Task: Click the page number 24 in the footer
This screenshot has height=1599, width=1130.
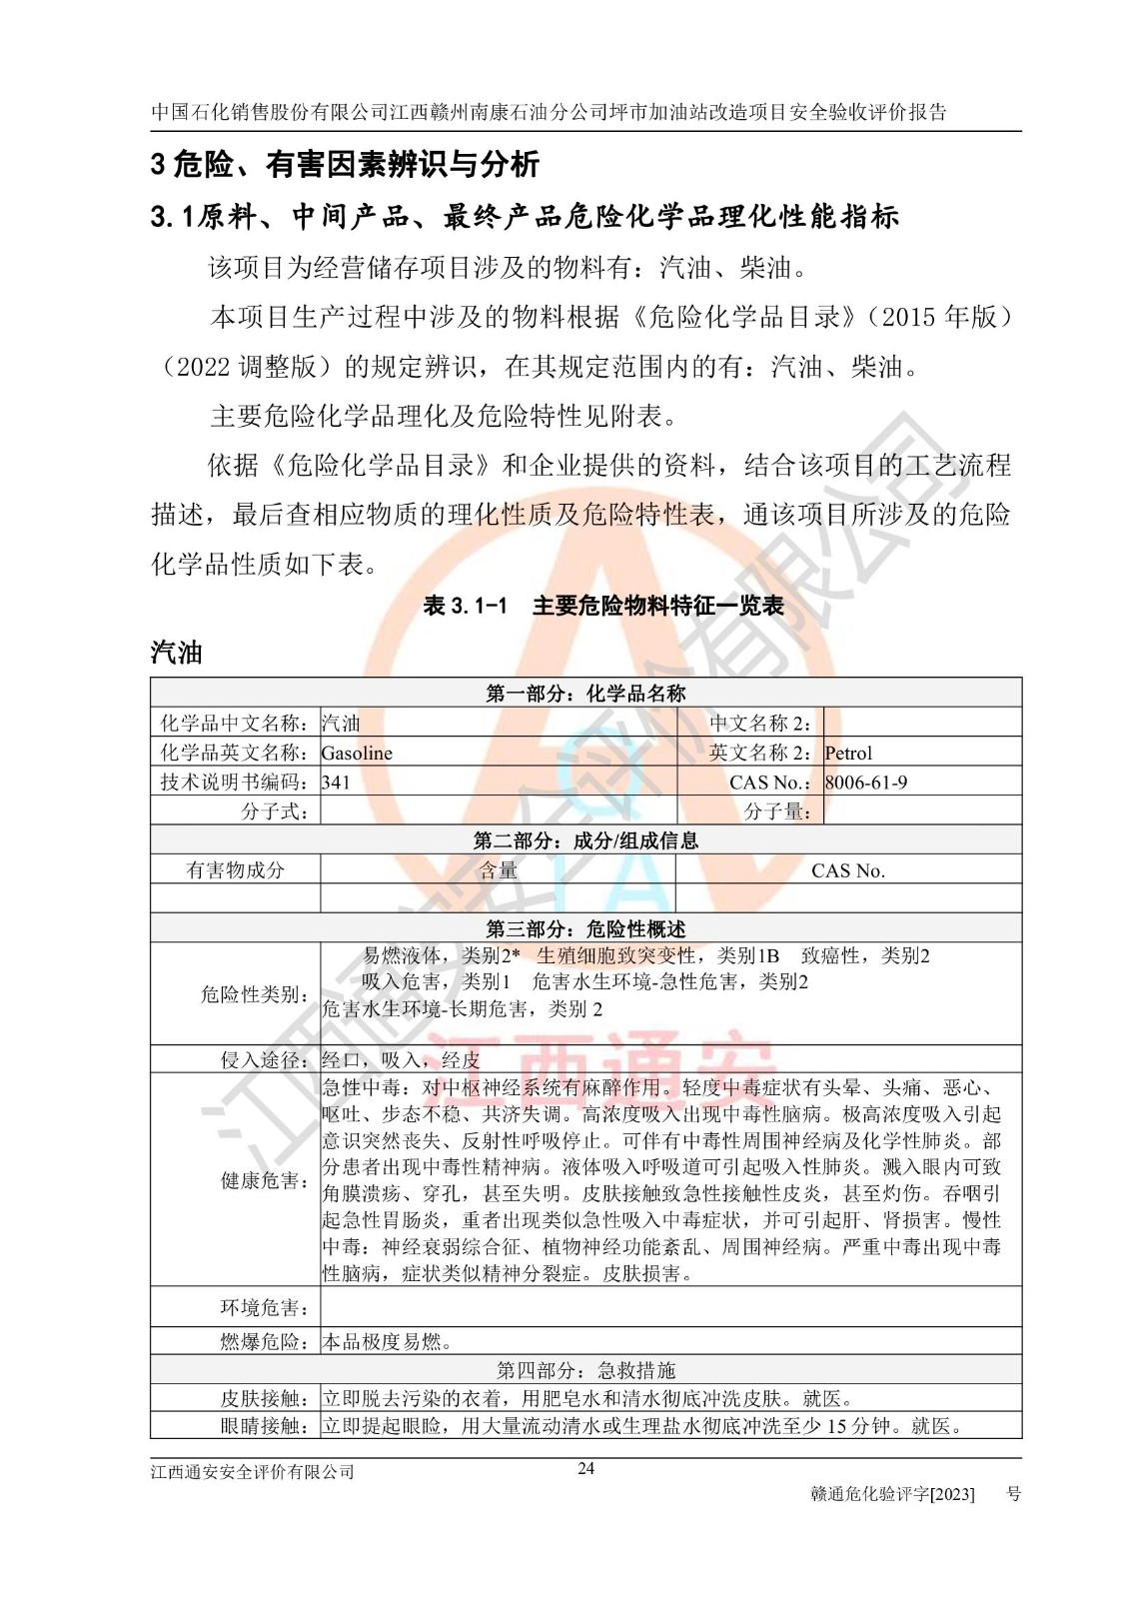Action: tap(586, 1468)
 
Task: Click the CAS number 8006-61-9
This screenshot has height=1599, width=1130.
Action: tap(866, 783)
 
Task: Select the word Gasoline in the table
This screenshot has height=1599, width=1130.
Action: tap(357, 754)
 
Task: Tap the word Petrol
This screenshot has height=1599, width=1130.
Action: tap(848, 754)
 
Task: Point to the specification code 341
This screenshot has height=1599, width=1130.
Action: tap(336, 783)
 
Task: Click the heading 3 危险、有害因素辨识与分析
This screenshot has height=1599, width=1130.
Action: tap(345, 164)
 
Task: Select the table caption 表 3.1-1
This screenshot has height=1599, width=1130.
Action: tap(466, 606)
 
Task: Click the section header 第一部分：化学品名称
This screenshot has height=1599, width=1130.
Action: tap(585, 694)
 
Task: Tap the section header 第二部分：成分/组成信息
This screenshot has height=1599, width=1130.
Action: tap(585, 840)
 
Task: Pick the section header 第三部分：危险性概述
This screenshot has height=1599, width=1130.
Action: tap(585, 929)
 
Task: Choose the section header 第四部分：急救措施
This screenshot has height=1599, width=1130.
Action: tap(585, 1370)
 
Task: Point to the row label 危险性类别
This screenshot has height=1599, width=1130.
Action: tap(254, 994)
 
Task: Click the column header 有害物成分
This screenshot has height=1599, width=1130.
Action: tap(236, 870)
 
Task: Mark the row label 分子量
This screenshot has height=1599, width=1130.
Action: tap(777, 811)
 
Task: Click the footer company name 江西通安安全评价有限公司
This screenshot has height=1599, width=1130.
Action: tap(253, 1472)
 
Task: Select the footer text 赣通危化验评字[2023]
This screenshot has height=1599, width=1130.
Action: tap(893, 1494)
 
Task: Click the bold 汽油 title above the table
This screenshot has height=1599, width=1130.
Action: tap(177, 653)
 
